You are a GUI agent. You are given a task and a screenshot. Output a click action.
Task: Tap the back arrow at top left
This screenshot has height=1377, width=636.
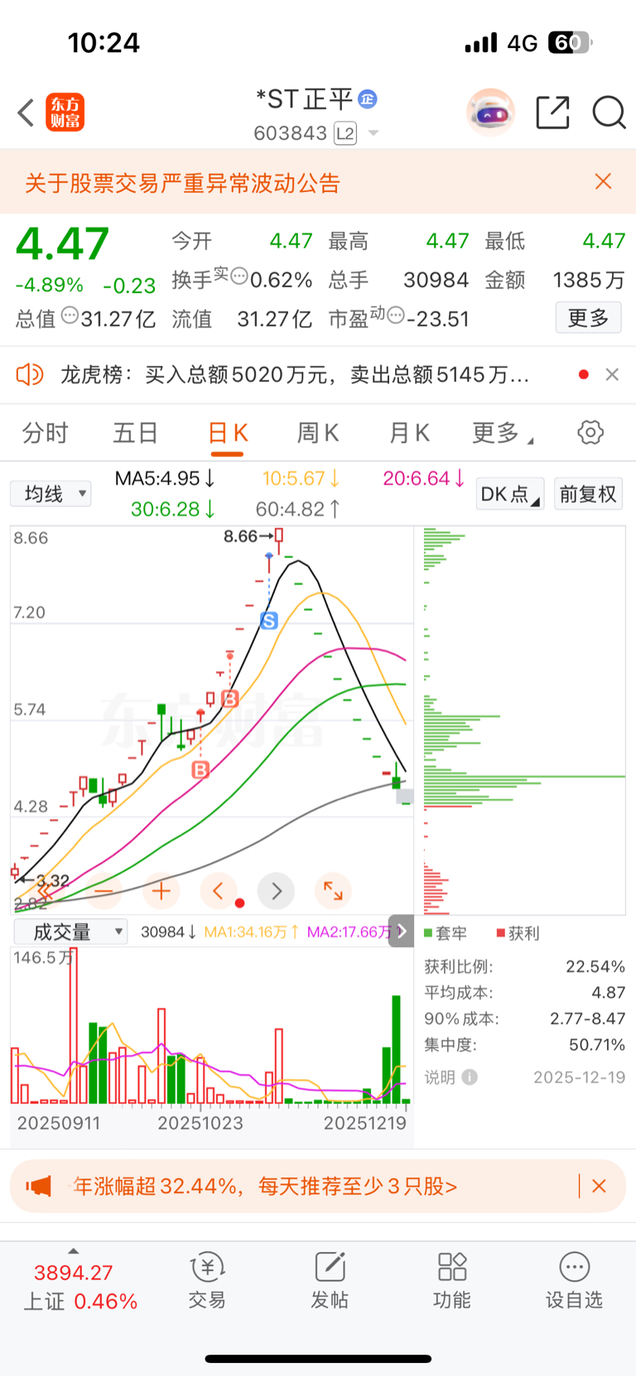[26, 113]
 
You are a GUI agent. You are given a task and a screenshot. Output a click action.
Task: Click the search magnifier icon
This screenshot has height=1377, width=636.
[609, 113]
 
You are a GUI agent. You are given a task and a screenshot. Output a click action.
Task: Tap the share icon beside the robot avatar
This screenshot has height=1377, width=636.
[552, 113]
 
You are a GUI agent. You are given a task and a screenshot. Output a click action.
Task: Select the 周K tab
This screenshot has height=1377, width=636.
[318, 432]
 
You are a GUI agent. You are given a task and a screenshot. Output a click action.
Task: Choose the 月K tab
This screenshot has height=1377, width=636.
[409, 432]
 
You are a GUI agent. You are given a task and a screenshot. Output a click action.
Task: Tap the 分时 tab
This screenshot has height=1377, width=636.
[45, 432]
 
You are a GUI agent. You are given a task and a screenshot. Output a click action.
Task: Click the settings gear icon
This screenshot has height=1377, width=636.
[590, 432]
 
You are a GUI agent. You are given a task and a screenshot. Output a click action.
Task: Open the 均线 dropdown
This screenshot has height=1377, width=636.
[51, 494]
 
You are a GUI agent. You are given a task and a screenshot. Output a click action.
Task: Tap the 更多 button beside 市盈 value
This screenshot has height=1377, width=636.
[588, 318]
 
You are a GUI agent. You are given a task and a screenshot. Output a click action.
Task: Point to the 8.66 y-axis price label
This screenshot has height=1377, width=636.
[31, 538]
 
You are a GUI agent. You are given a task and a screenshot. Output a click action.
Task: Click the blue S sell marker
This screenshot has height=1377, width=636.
[269, 620]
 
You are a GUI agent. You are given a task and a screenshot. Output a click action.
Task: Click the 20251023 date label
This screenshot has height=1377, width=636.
[200, 1123]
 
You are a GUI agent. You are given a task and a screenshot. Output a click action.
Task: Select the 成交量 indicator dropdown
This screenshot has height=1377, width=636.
[70, 932]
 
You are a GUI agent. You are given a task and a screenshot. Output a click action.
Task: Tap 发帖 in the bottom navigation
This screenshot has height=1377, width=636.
[330, 1279]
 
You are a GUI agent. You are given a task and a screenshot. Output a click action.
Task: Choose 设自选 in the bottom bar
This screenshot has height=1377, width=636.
[574, 1279]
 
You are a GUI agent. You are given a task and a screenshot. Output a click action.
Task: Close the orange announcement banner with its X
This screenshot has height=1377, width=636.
[603, 182]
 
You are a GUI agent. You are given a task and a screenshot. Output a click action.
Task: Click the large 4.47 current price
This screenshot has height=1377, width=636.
[63, 244]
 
